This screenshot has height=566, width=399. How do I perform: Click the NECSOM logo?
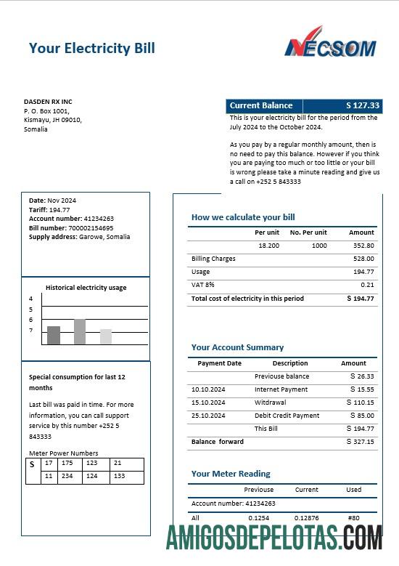click(330, 43)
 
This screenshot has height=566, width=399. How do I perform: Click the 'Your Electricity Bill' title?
click(91, 49)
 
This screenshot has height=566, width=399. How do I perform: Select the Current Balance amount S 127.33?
click(363, 105)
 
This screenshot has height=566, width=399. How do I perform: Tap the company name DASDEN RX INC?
click(48, 101)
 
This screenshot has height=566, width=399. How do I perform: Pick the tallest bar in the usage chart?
click(80, 331)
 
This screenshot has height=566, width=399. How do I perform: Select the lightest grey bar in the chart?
click(106, 336)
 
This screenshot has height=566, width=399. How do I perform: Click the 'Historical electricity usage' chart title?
click(86, 288)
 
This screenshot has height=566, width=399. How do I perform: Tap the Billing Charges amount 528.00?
click(363, 259)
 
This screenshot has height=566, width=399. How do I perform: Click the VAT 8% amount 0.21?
click(367, 285)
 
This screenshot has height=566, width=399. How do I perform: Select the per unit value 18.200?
click(268, 246)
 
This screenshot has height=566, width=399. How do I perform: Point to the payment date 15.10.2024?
click(208, 403)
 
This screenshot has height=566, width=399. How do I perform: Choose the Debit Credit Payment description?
click(287, 416)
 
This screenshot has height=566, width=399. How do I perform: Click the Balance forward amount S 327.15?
click(361, 442)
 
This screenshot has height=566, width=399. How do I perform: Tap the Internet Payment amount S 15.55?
click(362, 389)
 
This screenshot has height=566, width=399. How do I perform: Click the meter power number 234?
click(67, 476)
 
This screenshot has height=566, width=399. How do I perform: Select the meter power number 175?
click(67, 463)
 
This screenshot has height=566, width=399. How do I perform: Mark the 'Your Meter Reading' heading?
click(231, 474)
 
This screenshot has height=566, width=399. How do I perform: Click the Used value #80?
click(354, 518)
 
